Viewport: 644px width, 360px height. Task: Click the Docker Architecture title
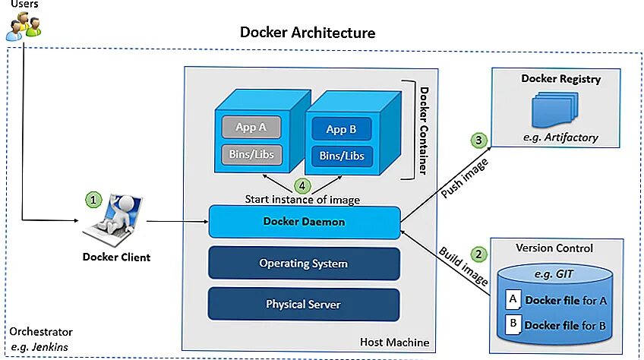click(x=308, y=33)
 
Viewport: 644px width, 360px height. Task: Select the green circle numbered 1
click(x=93, y=200)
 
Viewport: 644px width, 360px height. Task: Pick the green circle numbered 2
click(x=478, y=254)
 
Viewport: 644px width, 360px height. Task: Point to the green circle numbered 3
click(x=478, y=140)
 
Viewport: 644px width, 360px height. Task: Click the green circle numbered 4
click(x=301, y=185)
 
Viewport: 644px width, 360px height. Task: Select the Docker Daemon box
click(x=304, y=222)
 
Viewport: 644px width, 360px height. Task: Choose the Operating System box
click(x=304, y=264)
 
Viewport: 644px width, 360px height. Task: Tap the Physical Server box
click(x=304, y=305)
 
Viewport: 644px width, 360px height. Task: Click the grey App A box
click(x=251, y=127)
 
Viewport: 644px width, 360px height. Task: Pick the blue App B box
click(x=342, y=129)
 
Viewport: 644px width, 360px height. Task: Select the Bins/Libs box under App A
click(x=251, y=154)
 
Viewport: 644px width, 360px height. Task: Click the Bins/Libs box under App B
click(x=342, y=156)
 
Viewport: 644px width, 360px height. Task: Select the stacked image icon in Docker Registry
click(x=560, y=109)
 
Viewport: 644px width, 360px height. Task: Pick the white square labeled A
click(x=513, y=299)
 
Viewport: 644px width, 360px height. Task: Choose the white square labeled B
click(x=513, y=324)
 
